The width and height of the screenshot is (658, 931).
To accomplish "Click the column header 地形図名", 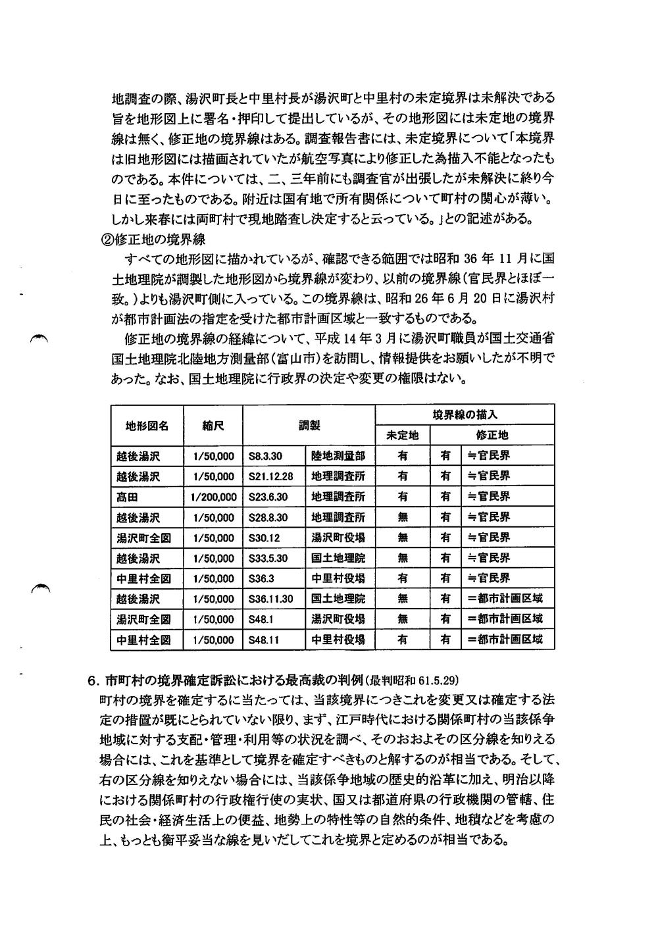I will pos(147,426).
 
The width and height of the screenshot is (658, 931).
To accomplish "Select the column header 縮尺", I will pos(213,426).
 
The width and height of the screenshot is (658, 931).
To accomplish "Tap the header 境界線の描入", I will pos(465,415).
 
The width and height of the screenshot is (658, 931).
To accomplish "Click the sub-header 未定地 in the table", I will pos(402,436).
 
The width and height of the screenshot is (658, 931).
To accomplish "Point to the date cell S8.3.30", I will pos(266,456).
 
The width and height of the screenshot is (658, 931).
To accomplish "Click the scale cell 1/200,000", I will pos(213,497).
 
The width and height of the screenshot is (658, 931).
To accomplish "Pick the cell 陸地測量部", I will pos(338,456).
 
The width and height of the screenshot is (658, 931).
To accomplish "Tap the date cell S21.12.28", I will pos(271,476).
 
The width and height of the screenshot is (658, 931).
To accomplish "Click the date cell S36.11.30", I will pos(271,599).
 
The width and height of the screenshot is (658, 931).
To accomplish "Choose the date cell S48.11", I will pos(265,640).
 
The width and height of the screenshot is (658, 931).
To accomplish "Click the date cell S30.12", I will pos(265,538).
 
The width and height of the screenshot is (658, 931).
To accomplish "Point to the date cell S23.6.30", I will pos(268,497).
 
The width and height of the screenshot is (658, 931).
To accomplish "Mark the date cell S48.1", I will pos(262,619).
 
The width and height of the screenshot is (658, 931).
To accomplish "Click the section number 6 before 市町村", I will pos(92,680).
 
